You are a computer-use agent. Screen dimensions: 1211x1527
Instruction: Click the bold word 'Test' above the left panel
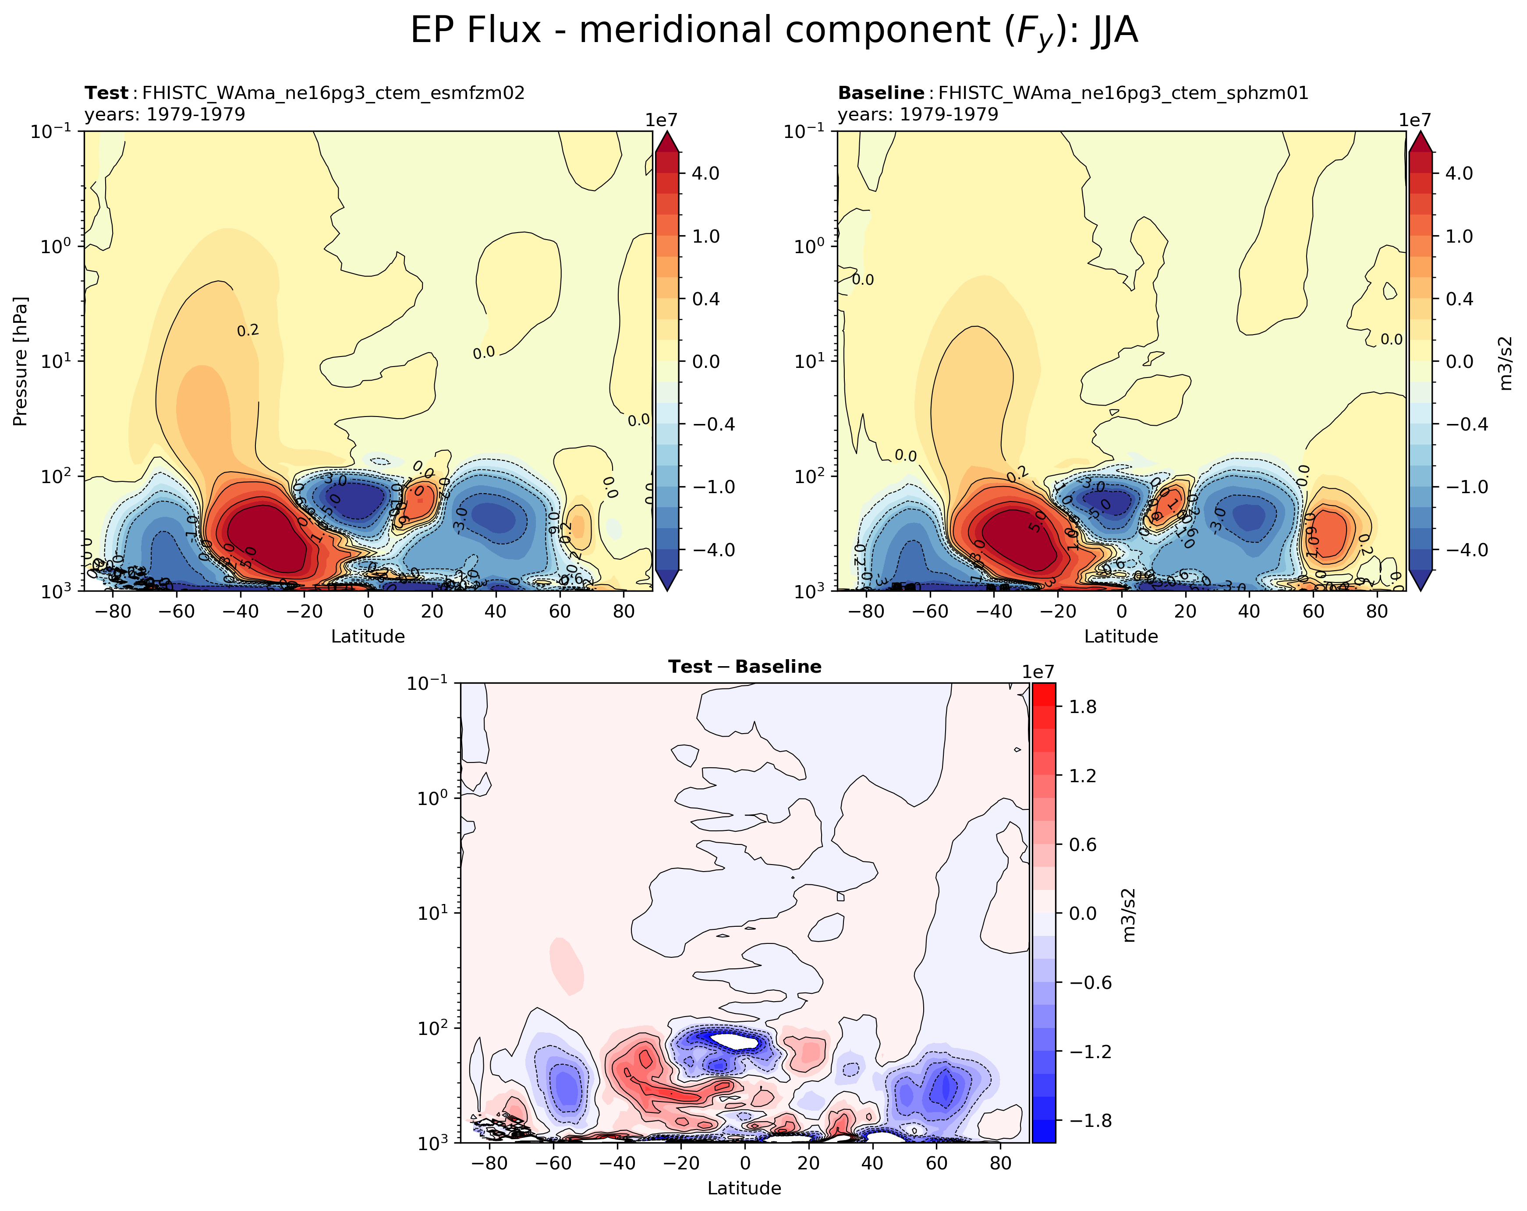(x=106, y=93)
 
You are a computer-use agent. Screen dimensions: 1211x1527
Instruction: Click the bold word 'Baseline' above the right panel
(x=880, y=93)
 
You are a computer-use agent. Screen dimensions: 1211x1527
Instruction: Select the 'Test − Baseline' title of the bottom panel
(x=744, y=667)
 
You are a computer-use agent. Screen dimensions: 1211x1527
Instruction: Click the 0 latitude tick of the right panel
(x=1121, y=611)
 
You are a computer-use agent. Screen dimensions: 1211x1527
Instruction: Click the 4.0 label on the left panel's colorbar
(x=705, y=173)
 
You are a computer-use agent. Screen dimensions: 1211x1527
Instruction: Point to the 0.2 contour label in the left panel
(x=248, y=331)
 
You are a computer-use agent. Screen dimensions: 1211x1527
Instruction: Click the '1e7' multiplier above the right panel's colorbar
(x=1414, y=120)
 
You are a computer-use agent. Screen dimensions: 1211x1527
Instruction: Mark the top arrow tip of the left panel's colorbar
(x=667, y=133)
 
